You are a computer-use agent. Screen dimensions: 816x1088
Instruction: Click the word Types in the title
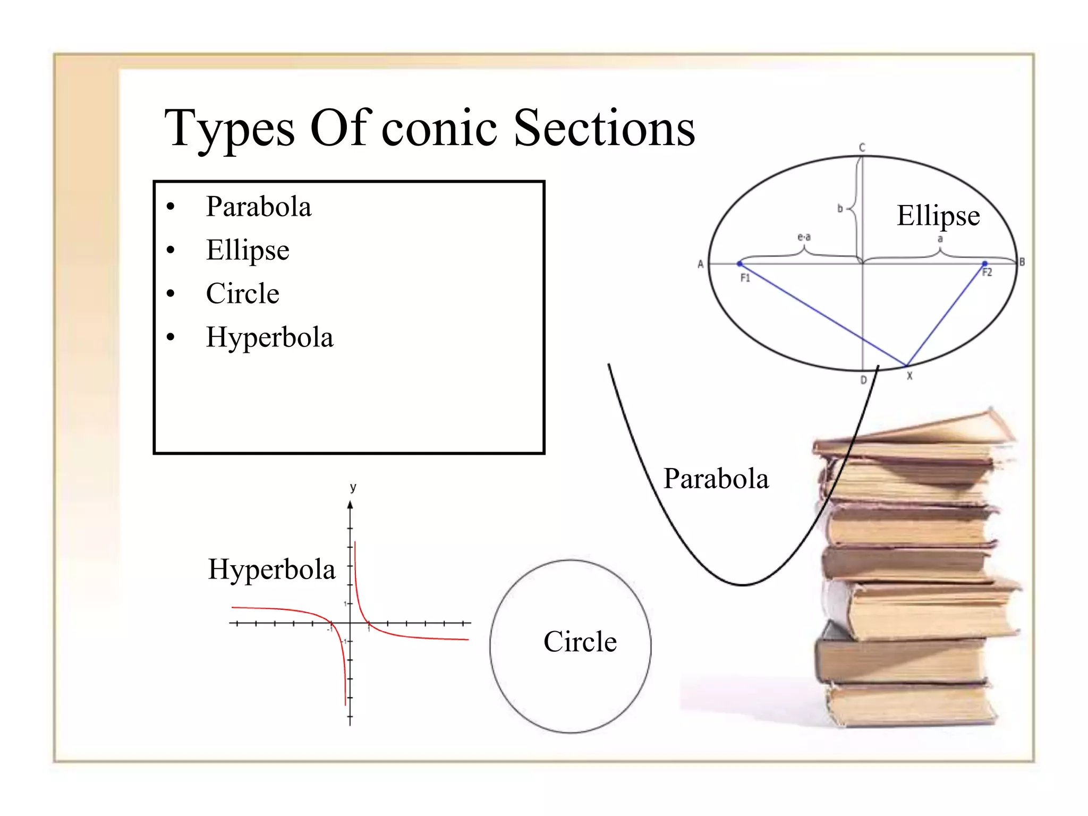point(229,129)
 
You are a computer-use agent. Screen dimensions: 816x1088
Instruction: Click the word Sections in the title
point(604,129)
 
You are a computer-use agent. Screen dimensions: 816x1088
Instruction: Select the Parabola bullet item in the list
point(258,207)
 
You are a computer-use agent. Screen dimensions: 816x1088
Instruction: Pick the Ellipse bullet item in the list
point(248,250)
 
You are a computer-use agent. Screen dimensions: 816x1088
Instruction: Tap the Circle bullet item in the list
point(242,294)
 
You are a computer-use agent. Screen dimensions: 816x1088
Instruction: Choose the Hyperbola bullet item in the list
point(270,337)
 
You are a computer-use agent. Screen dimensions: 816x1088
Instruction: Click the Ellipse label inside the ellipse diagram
point(938,216)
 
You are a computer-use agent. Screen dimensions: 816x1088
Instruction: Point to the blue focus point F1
point(739,263)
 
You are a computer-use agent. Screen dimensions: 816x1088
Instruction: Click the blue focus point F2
point(984,263)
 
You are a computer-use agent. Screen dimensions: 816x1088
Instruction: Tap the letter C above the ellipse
point(862,148)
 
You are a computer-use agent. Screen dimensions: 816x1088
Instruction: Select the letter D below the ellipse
point(863,380)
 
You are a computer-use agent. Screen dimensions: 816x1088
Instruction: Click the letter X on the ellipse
point(909,376)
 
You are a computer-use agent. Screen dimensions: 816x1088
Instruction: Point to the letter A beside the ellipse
point(700,264)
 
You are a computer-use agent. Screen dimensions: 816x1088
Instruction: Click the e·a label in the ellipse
point(804,237)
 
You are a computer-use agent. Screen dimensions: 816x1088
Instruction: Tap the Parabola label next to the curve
point(716,479)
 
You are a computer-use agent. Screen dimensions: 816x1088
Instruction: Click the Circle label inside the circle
point(580,642)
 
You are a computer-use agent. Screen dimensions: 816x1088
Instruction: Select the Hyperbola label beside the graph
point(271,569)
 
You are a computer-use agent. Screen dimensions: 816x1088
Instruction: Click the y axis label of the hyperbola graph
point(353,487)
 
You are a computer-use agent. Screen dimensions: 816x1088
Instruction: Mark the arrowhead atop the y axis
point(350,505)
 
